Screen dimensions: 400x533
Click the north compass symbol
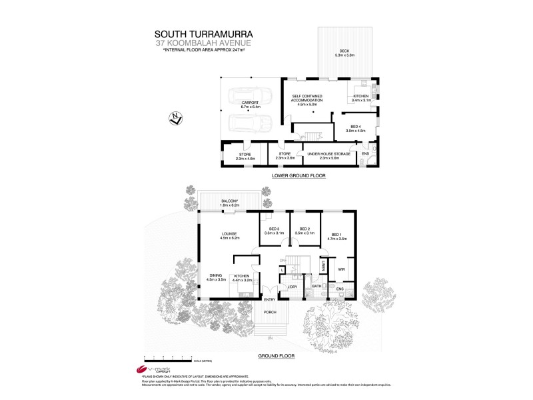pos(175,119)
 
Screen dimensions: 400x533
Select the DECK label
pos(344,51)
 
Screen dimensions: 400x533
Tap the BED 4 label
pos(356,128)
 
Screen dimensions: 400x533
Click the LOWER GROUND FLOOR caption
pos(298,176)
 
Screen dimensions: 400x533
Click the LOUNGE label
pos(229,233)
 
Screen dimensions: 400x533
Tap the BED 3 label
pos(274,229)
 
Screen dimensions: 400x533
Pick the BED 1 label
pos(338,234)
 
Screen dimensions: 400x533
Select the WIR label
pos(341,269)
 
